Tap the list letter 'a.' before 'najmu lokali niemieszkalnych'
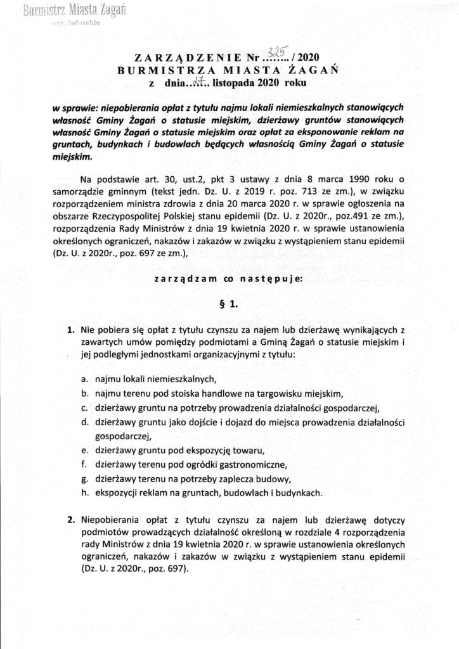84,380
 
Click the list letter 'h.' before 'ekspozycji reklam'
84,492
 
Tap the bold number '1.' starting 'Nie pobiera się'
71,330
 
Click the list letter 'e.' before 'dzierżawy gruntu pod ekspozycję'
84,450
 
